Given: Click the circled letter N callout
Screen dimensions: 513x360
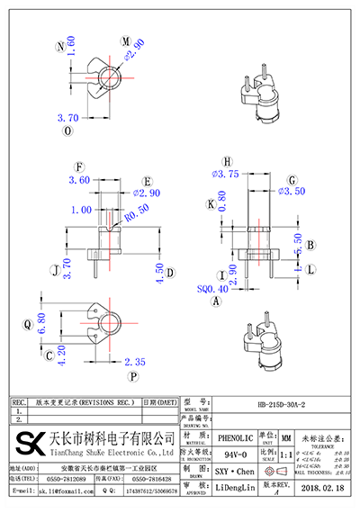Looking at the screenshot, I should [x=60, y=44].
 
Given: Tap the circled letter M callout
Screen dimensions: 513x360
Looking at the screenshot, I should [x=125, y=40].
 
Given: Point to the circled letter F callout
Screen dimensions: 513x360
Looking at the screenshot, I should [x=80, y=167].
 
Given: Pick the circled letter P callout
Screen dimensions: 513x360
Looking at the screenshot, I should [x=133, y=376].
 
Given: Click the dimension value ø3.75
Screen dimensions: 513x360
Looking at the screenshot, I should [x=224, y=174].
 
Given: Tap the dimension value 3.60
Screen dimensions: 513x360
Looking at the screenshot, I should [x=80, y=180].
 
